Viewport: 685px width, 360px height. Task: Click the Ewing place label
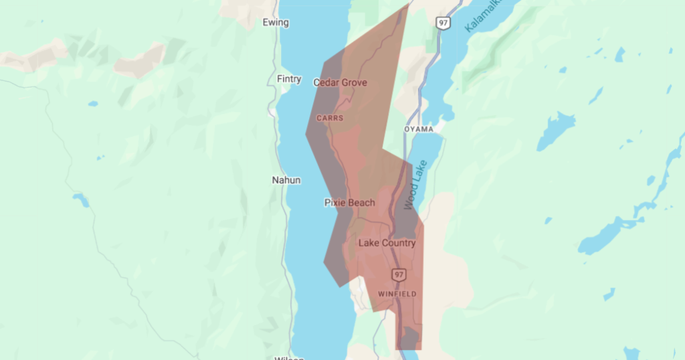pos(276,23)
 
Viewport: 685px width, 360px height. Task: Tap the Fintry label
pos(289,79)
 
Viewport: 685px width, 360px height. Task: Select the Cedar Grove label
pos(340,82)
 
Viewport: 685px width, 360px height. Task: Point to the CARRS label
pos(330,118)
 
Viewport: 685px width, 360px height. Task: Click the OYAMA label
pos(419,128)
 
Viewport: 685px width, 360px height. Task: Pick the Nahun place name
pos(286,180)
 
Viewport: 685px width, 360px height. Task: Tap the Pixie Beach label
pos(350,203)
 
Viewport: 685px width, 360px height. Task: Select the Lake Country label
pos(387,243)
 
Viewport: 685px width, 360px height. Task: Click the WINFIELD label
pos(397,294)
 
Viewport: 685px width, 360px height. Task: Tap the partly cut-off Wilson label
pos(289,357)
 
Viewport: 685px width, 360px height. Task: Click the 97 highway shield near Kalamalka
pos(444,23)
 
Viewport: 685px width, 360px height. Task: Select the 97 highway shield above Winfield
pos(399,275)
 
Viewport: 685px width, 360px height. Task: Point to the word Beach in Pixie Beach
pos(362,203)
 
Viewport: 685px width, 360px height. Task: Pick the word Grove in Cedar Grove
pos(355,82)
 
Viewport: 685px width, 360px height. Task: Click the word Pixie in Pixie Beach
pos(336,203)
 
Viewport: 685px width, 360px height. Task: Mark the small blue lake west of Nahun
pos(81,199)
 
